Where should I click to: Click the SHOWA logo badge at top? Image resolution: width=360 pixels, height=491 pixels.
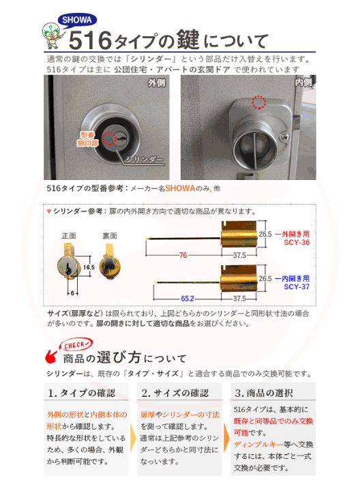point(76,20)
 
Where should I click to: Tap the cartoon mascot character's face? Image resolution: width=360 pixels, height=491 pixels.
point(50,33)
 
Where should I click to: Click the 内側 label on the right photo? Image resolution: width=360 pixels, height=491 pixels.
point(303,83)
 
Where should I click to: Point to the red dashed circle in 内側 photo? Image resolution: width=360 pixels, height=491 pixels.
point(258,103)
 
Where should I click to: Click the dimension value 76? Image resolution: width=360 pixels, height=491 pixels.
point(183,254)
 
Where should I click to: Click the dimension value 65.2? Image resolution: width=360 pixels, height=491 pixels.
point(187,298)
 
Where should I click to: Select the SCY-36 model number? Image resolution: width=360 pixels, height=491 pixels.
point(297,242)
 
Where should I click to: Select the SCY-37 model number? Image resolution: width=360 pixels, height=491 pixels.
point(297,286)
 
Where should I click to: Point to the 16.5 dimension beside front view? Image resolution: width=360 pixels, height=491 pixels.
point(89,269)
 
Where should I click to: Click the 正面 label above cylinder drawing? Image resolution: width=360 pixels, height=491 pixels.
point(69,235)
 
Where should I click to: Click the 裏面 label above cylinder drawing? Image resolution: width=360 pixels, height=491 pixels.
point(110,235)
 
